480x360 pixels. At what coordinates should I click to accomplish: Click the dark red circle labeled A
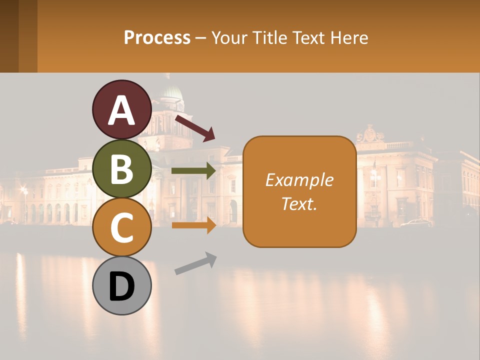[121, 109]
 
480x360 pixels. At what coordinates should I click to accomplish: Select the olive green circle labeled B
[121, 168]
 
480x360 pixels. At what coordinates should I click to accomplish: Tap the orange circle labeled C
[121, 227]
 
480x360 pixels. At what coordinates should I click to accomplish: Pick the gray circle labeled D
[121, 286]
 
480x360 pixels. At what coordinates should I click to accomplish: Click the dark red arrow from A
[195, 128]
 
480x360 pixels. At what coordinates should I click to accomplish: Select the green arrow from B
[193, 171]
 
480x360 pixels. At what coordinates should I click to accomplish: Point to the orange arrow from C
[193, 225]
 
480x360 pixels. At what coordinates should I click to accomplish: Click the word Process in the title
[157, 37]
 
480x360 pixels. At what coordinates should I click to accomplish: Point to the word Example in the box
[299, 180]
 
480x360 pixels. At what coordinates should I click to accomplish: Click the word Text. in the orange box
[299, 203]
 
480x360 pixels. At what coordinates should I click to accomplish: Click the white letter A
[121, 110]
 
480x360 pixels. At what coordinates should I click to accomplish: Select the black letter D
[121, 286]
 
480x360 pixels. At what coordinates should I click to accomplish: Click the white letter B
[121, 169]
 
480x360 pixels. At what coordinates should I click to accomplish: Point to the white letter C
[121, 227]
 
